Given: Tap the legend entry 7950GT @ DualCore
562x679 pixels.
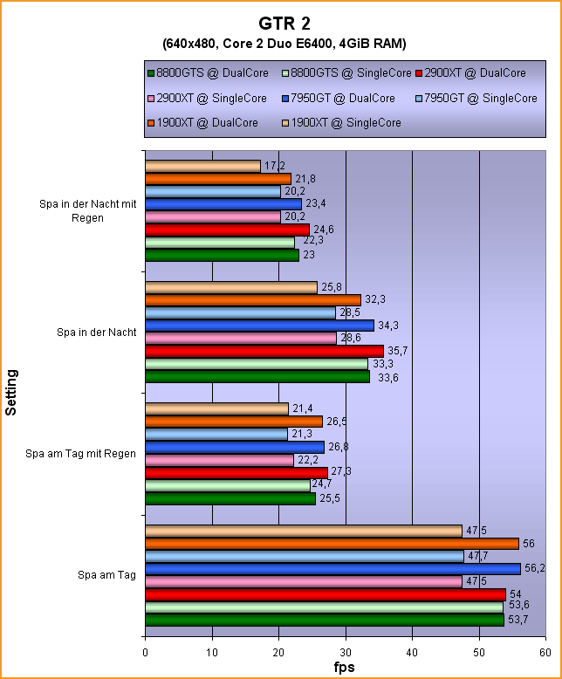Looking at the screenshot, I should tap(343, 99).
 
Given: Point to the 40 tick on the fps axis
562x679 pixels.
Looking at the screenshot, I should tap(412, 651).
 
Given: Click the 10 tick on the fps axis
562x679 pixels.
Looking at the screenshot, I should tap(212, 651).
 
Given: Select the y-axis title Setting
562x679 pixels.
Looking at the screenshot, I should tap(11, 393).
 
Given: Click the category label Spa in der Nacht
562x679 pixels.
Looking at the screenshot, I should tap(95, 332).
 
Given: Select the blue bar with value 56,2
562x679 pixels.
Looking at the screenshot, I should tap(332, 569).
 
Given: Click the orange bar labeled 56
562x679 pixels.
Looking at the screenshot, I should tap(332, 544).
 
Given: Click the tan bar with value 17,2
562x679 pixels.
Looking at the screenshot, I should tap(202, 166).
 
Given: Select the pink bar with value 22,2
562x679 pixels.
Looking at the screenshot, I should tap(219, 460).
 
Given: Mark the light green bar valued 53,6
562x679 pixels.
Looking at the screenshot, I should tap(324, 607).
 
